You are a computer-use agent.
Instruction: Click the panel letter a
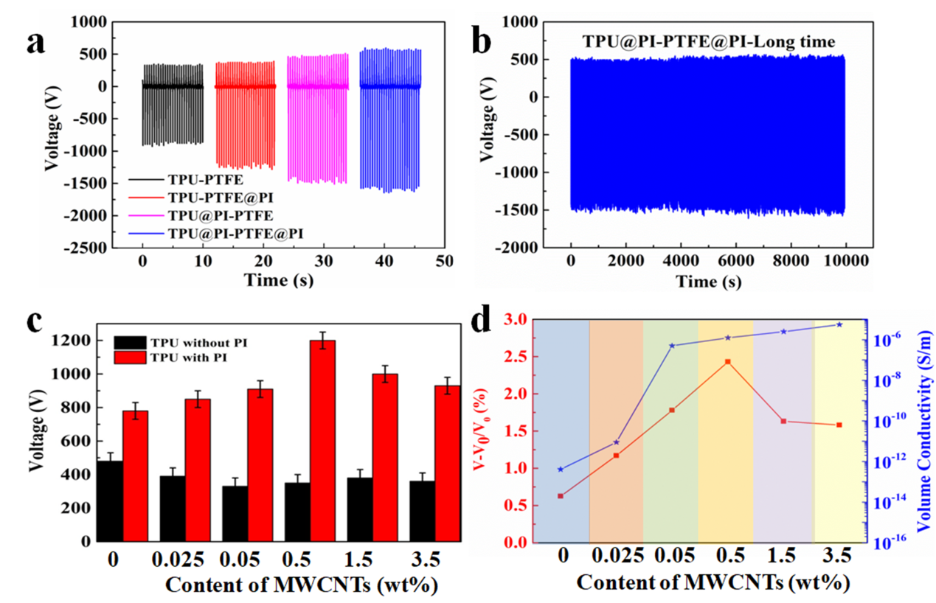pos(35,42)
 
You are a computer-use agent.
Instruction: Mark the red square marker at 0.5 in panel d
pos(728,362)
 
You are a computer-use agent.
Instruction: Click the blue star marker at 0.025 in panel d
pos(617,442)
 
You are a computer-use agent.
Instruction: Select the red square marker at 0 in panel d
pos(561,496)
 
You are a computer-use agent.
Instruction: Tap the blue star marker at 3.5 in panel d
pos(839,324)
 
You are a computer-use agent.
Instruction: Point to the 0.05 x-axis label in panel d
pos(670,557)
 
